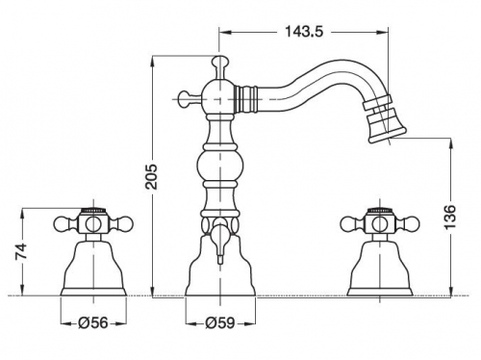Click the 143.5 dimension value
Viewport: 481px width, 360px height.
(x=304, y=32)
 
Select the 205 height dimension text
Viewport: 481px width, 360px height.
(x=151, y=176)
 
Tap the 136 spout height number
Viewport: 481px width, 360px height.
(x=450, y=217)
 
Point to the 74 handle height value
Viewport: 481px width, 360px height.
(x=22, y=251)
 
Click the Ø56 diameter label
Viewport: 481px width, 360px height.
(x=93, y=322)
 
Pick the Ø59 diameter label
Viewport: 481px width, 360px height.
(x=220, y=322)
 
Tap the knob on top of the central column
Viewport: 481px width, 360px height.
(x=219, y=64)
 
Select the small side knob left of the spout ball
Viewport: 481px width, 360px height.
(x=187, y=99)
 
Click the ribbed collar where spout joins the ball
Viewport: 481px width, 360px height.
(x=246, y=99)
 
